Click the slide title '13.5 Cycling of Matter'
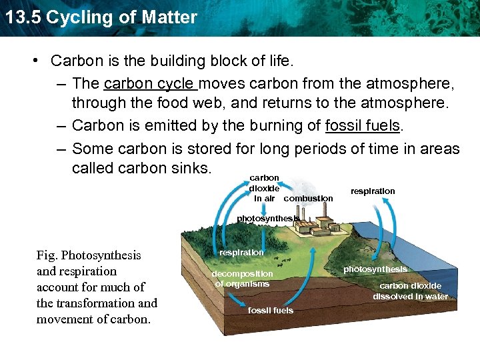pyautogui.click(x=100, y=17)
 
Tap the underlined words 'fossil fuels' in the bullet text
pyautogui.click(x=362, y=126)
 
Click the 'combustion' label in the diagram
pyautogui.click(x=308, y=199)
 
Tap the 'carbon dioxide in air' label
pyautogui.click(x=264, y=188)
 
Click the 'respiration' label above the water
pyautogui.click(x=373, y=191)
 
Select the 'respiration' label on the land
pyautogui.click(x=241, y=253)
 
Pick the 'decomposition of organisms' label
pyautogui.click(x=242, y=279)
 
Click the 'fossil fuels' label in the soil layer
pyautogui.click(x=270, y=311)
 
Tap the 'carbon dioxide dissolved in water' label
pyautogui.click(x=410, y=291)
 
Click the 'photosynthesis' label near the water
pyautogui.click(x=375, y=269)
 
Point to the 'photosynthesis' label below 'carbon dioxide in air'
pyautogui.click(x=267, y=219)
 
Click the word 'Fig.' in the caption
pyautogui.click(x=48, y=255)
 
